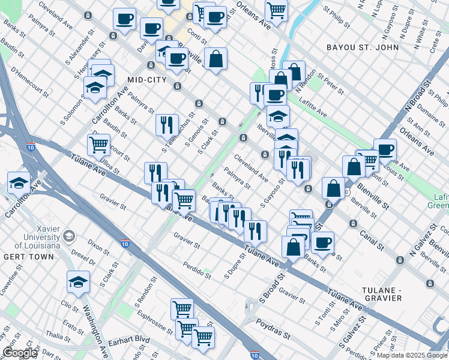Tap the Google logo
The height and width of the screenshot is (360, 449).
click(x=19, y=353)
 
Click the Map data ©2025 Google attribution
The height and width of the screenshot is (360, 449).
click(x=412, y=355)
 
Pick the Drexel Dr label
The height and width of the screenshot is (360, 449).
click(x=83, y=258)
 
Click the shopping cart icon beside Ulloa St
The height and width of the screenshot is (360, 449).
click(x=98, y=144)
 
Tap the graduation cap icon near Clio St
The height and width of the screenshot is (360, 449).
click(x=78, y=282)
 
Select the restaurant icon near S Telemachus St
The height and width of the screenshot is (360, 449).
click(x=167, y=124)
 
